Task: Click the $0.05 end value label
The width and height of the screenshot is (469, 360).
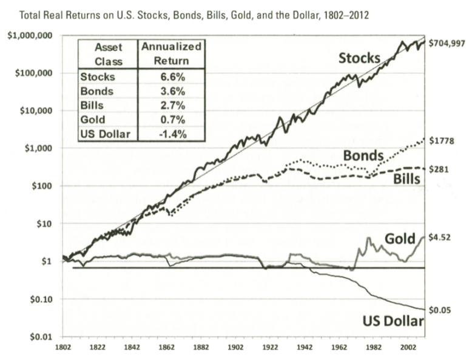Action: (441, 310)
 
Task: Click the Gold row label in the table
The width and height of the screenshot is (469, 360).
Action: (93, 120)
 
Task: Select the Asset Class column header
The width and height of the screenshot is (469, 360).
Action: (108, 53)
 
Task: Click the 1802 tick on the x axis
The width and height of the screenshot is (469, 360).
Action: (63, 348)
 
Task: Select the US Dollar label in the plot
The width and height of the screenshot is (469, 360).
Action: (391, 321)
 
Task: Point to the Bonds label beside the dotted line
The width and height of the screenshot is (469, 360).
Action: (362, 156)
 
